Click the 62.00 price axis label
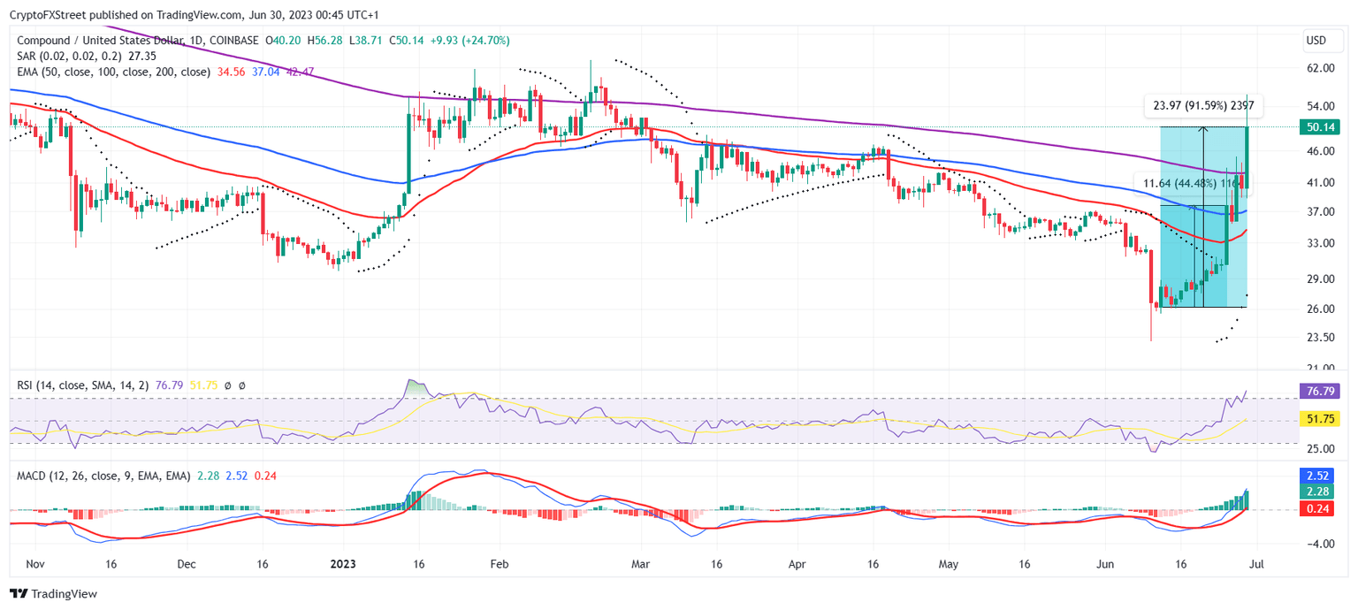pos(1320,68)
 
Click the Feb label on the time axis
pos(499,562)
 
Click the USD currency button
pos(1316,41)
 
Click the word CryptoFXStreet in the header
pos(43,11)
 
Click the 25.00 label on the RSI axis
pos(1320,447)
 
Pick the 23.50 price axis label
pos(1320,338)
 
